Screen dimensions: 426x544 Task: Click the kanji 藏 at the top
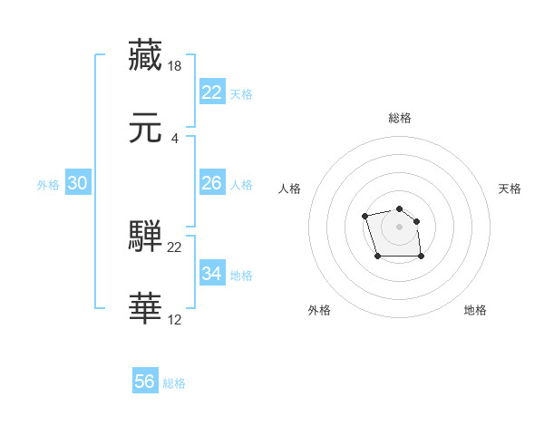tap(145, 55)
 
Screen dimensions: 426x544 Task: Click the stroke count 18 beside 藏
tap(175, 66)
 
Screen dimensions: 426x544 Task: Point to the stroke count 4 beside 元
tap(174, 139)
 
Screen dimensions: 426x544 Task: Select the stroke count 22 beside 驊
tap(175, 247)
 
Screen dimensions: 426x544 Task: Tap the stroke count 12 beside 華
tap(175, 319)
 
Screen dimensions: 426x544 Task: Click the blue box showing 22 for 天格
tap(211, 92)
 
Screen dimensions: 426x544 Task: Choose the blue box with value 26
tap(211, 183)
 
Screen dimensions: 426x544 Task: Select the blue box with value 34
tap(211, 274)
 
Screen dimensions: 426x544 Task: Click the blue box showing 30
tap(77, 183)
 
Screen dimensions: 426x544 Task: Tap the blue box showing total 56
tap(144, 382)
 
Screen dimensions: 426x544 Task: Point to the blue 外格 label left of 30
tap(48, 185)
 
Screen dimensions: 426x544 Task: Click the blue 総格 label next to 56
tap(174, 383)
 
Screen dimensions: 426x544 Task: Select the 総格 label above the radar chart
tap(400, 118)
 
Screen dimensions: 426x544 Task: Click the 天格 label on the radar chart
tap(510, 189)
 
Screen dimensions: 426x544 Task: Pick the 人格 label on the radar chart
tap(290, 189)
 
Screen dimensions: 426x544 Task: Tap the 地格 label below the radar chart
tap(475, 310)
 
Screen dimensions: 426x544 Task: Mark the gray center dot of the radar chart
tap(399, 226)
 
